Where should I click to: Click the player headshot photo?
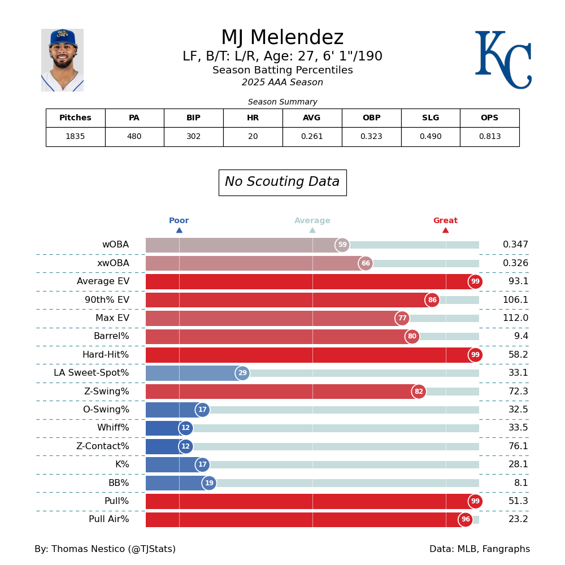pyautogui.click(x=62, y=60)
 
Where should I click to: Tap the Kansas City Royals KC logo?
pyautogui.click(x=502, y=59)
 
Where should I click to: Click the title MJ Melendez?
pyautogui.click(x=282, y=38)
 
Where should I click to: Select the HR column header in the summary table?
pyautogui.click(x=253, y=118)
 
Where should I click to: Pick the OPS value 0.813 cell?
pyautogui.click(x=489, y=137)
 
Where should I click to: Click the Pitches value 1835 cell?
pyautogui.click(x=75, y=137)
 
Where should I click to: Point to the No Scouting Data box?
pyautogui.click(x=282, y=182)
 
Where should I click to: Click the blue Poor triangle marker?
pyautogui.click(x=179, y=230)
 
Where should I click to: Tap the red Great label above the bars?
pyautogui.click(x=445, y=221)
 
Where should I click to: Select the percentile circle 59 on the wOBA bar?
pyautogui.click(x=342, y=245)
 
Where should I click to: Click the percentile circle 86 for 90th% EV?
pyautogui.click(x=432, y=300)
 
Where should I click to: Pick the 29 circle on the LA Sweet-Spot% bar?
pyautogui.click(x=242, y=373)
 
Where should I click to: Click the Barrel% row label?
pyautogui.click(x=111, y=337)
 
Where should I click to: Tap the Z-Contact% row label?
pyautogui.click(x=103, y=446)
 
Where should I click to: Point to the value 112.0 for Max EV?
pyautogui.click(x=515, y=318)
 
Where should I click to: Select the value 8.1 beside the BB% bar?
pyautogui.click(x=521, y=483)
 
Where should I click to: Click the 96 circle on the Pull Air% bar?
pyautogui.click(x=466, y=520)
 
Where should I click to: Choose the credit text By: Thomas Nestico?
pyautogui.click(x=105, y=549)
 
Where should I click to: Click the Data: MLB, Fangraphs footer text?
pyautogui.click(x=479, y=549)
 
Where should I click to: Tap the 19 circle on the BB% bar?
pyautogui.click(x=209, y=483)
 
